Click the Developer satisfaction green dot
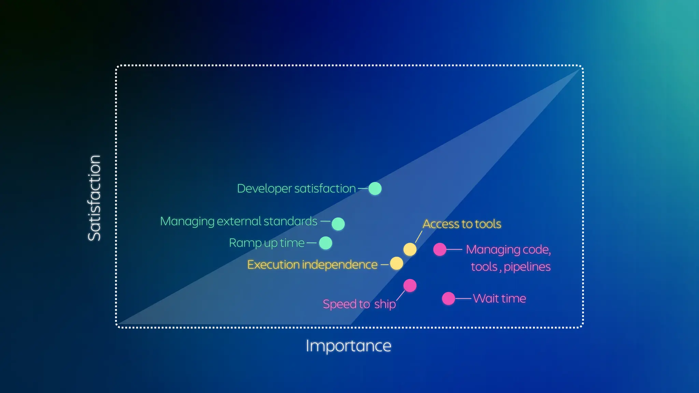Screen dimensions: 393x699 pyautogui.click(x=375, y=188)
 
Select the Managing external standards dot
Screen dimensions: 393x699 pyautogui.click(x=338, y=224)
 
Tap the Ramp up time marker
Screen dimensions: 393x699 pyautogui.click(x=325, y=243)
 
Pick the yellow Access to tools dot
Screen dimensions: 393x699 pyautogui.click(x=410, y=249)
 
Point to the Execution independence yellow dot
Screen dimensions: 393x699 pyautogui.click(x=396, y=263)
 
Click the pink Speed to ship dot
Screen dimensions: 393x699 pyautogui.click(x=410, y=286)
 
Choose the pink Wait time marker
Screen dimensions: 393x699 pyautogui.click(x=448, y=299)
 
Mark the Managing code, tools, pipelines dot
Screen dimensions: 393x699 pyautogui.click(x=440, y=249)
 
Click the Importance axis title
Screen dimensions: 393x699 pyautogui.click(x=348, y=346)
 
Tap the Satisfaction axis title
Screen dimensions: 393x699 pyautogui.click(x=95, y=198)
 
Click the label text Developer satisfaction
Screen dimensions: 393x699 pyautogui.click(x=296, y=188)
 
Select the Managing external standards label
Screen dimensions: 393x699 pyautogui.click(x=239, y=221)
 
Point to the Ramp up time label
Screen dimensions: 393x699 pyautogui.click(x=267, y=243)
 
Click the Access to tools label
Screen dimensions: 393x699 pyautogui.click(x=462, y=224)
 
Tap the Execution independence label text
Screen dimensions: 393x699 pyautogui.click(x=312, y=264)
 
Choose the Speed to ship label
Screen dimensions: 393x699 pyautogui.click(x=359, y=304)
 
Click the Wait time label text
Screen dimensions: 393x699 pyautogui.click(x=499, y=299)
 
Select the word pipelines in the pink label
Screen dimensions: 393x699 pyautogui.click(x=527, y=267)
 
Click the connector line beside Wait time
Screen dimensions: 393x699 pyautogui.click(x=463, y=299)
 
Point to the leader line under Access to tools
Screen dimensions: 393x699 pyautogui.click(x=419, y=236)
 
